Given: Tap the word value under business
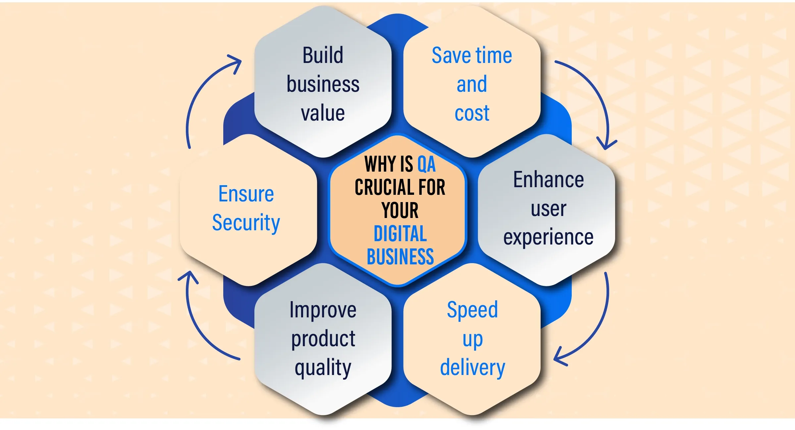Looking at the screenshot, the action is coord(323,113).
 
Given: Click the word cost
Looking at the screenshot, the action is coord(472,113).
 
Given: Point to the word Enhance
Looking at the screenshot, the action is coord(549,180).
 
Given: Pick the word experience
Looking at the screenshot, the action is coord(549,237).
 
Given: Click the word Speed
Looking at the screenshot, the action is coord(472,310).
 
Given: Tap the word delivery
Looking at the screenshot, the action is coord(473,368).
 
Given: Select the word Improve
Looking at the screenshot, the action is coord(323,310).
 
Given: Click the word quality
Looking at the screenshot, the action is coord(323,368).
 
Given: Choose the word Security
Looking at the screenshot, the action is coord(246,223).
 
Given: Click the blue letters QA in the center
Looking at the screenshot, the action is coord(426,164).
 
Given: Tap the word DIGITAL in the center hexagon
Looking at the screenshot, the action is coord(400,234).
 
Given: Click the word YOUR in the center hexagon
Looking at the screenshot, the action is coord(400,210).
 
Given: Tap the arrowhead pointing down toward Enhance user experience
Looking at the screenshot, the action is coord(606,144).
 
